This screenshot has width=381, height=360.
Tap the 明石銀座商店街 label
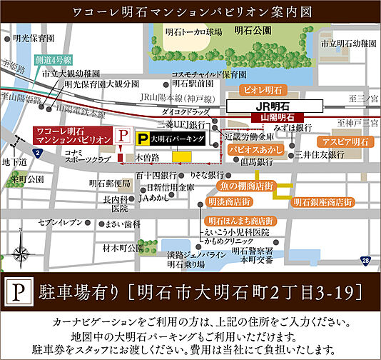coord(322,202)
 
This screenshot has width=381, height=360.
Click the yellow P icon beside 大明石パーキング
coord(143,140)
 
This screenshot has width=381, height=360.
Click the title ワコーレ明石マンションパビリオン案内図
coord(190,12)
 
